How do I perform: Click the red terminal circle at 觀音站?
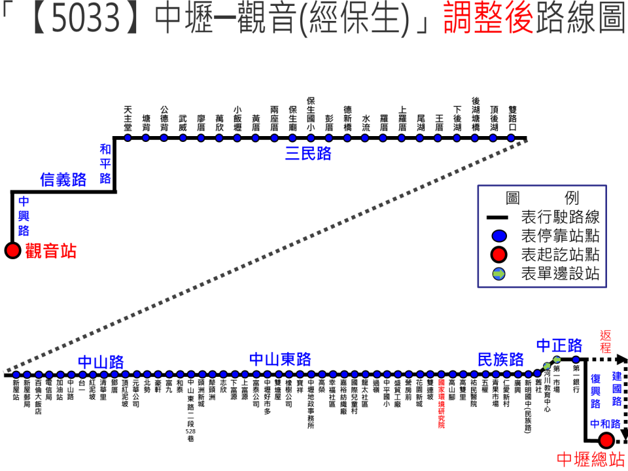[12, 251]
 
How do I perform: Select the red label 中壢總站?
[589, 459]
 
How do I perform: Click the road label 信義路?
[63, 180]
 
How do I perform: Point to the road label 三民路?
[308, 154]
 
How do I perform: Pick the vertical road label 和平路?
[105, 164]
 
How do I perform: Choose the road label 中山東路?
[280, 360]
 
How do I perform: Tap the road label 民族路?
[500, 360]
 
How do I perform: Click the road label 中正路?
[559, 345]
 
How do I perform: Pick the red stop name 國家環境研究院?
[441, 404]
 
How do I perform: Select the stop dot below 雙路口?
[512, 138]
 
